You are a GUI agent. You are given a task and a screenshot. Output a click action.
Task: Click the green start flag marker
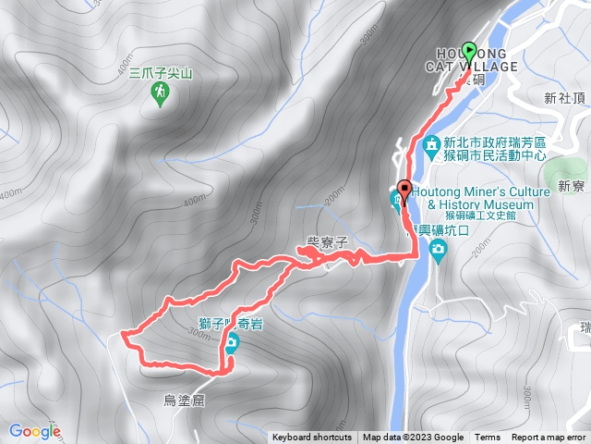pyautogui.click(x=468, y=52)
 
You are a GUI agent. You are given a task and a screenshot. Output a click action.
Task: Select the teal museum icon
pyautogui.click(x=398, y=199)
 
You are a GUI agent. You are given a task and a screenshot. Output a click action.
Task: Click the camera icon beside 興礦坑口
pyautogui.click(x=438, y=247)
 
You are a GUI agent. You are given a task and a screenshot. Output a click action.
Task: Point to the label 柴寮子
pyautogui.click(x=326, y=242)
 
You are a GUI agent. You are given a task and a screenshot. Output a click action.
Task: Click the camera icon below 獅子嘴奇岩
pyautogui.click(x=231, y=344)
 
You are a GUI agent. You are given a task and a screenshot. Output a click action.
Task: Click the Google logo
pyautogui.click(x=34, y=431)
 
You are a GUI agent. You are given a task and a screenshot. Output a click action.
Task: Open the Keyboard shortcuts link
pyautogui.click(x=311, y=438)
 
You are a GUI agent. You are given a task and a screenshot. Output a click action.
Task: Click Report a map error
pyautogui.click(x=549, y=438)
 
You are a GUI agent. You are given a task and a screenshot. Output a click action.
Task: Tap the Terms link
pyautogui.click(x=488, y=438)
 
